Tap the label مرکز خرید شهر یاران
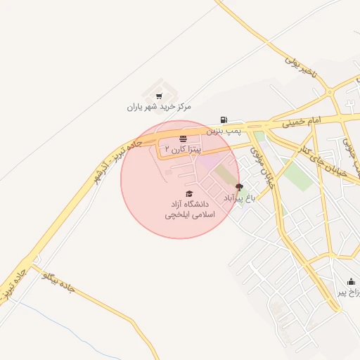(159, 107)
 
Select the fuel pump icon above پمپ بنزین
(224, 120)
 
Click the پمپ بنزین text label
(224, 131)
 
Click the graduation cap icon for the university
(188, 193)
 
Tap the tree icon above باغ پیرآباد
(239, 187)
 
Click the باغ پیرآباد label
(238, 198)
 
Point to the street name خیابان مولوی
(266, 171)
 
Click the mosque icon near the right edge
(351, 282)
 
